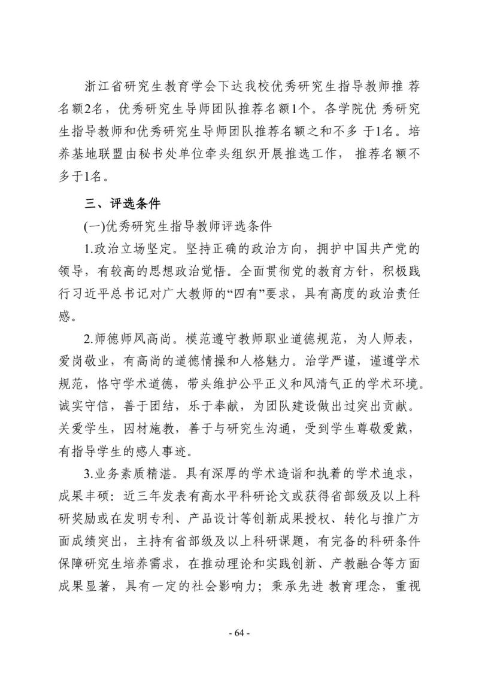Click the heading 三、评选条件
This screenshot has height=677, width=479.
[x=122, y=204]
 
